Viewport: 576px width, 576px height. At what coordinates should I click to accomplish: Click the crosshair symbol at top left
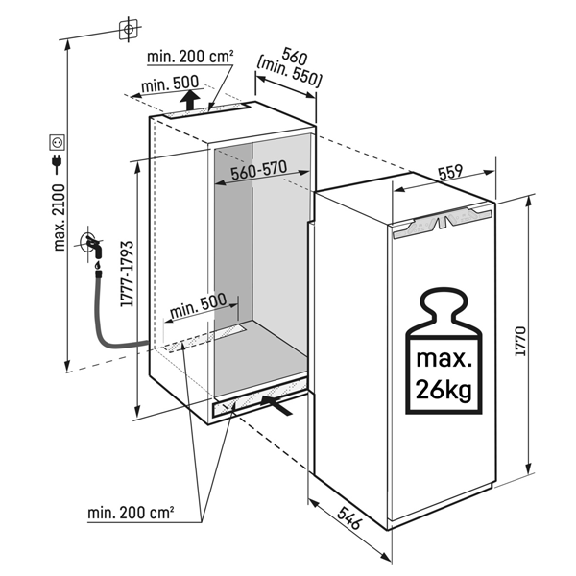(127, 29)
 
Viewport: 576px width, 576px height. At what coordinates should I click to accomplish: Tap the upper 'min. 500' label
(168, 85)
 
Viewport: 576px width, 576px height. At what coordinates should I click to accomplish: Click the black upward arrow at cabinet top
(191, 101)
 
